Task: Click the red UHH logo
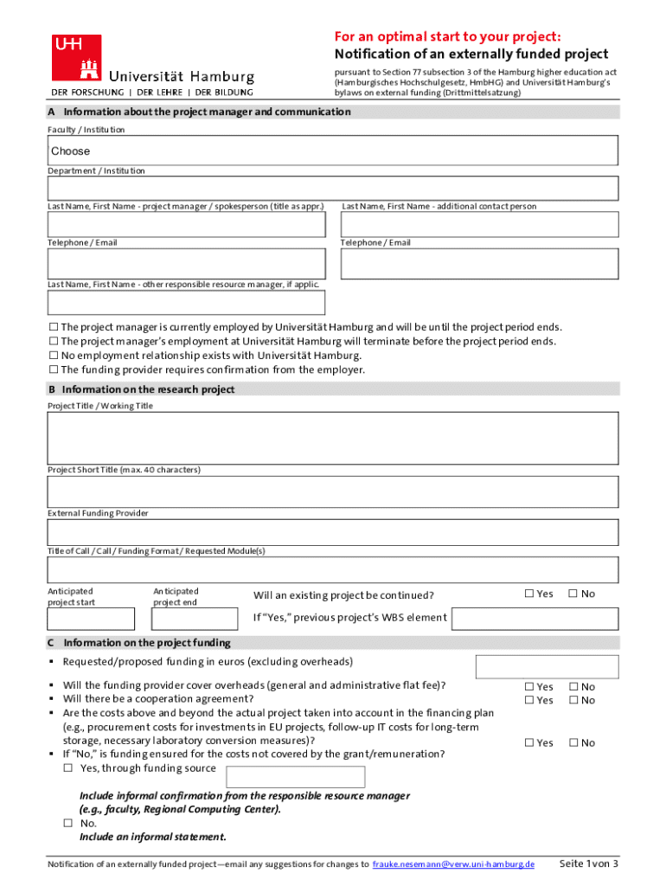pyautogui.click(x=77, y=57)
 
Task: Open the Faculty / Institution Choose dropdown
pyautogui.click(x=333, y=151)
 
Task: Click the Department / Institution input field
pyautogui.click(x=333, y=188)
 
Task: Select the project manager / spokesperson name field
pyautogui.click(x=187, y=224)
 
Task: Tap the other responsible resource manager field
pyautogui.click(x=187, y=302)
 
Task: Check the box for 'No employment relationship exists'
pyautogui.click(x=54, y=356)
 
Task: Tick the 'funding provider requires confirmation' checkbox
pyautogui.click(x=54, y=369)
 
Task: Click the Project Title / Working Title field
pyautogui.click(x=333, y=438)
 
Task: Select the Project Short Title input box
pyautogui.click(x=333, y=491)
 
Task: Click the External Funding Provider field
pyautogui.click(x=333, y=532)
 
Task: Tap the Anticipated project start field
pyautogui.click(x=91, y=619)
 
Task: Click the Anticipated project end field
pyautogui.click(x=195, y=619)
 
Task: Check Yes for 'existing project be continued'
pyautogui.click(x=530, y=594)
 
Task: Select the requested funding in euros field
pyautogui.click(x=547, y=666)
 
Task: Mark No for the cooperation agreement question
pyautogui.click(x=573, y=700)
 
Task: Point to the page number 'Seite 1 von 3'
pyautogui.click(x=588, y=864)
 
